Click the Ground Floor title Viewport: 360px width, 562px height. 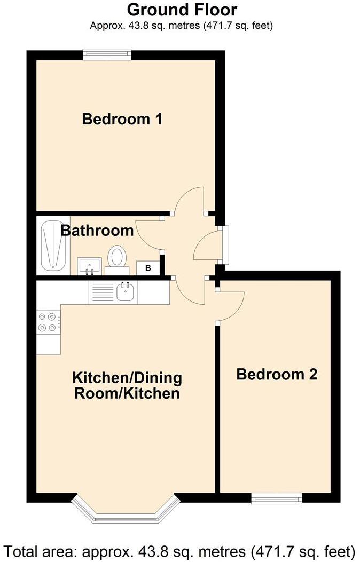(x=182, y=10)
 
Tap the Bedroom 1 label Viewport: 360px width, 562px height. (x=122, y=119)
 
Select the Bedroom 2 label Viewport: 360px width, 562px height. (x=277, y=374)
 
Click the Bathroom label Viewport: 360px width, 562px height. (x=97, y=231)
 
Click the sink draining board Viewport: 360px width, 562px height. (x=102, y=292)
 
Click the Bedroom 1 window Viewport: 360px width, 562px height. (x=107, y=54)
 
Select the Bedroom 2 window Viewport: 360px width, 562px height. (x=277, y=498)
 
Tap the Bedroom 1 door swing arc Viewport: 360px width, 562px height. (x=190, y=200)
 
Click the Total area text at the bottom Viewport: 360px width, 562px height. (x=180, y=550)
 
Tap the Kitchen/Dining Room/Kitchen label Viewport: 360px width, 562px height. (x=127, y=386)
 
